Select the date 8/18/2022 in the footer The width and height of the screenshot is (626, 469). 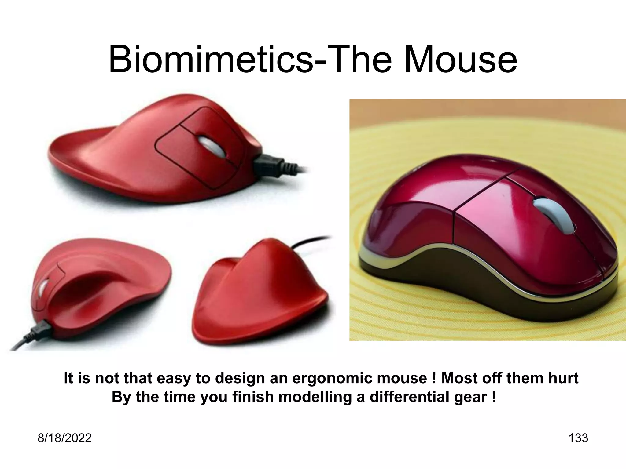point(64,438)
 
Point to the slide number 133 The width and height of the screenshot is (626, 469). point(578,438)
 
